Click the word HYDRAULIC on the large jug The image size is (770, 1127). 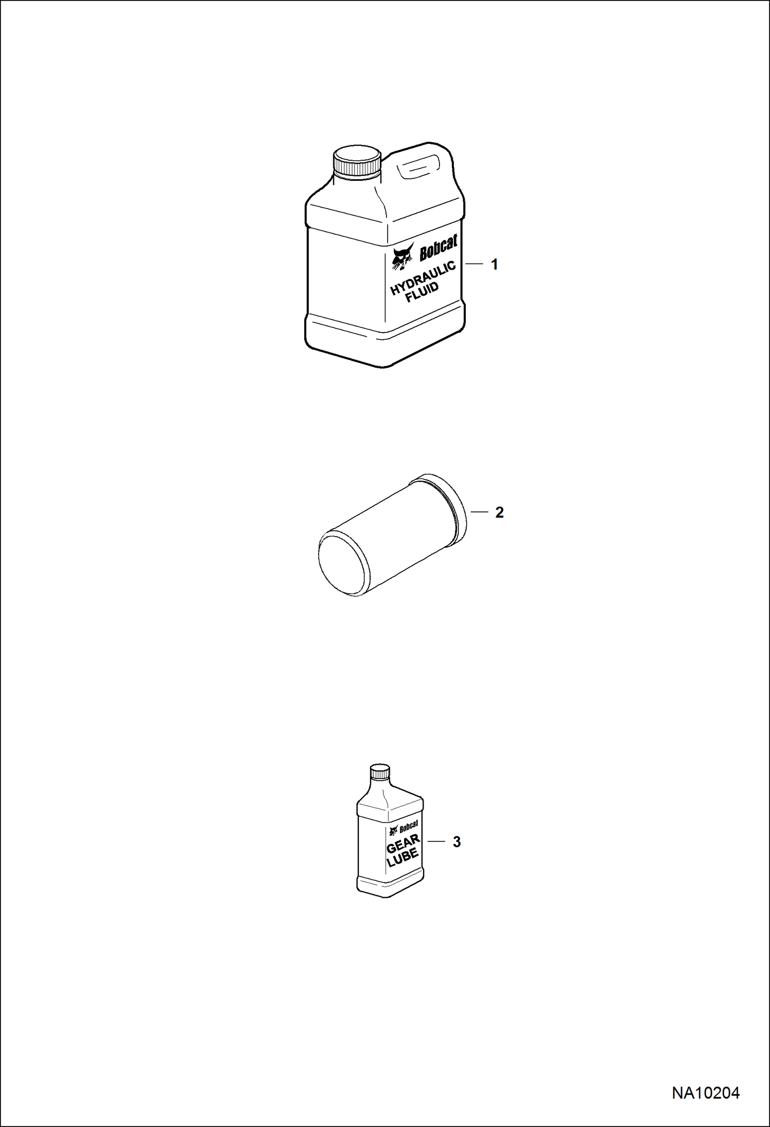[423, 278]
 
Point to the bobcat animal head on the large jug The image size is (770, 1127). [403, 256]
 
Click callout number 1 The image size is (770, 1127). [494, 265]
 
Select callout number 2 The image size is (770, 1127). [499, 512]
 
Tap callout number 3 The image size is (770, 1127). [456, 842]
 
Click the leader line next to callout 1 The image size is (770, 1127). [474, 264]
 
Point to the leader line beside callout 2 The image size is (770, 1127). [479, 512]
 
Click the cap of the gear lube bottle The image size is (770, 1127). [380, 772]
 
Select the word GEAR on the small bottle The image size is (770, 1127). [403, 843]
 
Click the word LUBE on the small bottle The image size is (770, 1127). [403, 858]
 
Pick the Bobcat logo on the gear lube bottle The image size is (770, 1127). [404, 828]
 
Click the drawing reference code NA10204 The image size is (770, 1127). [706, 1093]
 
